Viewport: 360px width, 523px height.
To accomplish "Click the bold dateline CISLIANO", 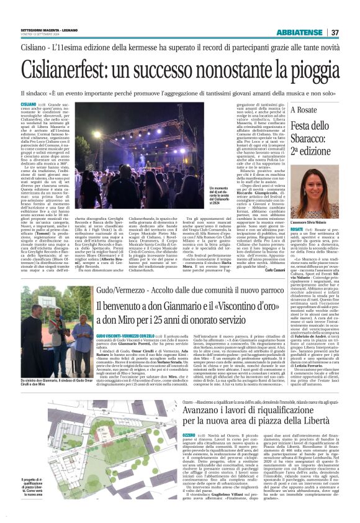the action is (29, 104).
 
